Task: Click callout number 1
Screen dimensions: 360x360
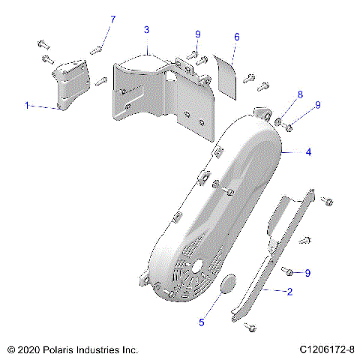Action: tap(27, 106)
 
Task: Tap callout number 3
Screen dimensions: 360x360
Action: tap(147, 29)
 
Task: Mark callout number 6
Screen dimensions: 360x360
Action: tap(236, 36)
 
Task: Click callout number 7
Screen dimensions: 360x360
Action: tap(113, 18)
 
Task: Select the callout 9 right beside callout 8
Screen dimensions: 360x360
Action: tap(317, 105)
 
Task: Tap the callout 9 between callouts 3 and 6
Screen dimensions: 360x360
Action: tap(198, 34)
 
